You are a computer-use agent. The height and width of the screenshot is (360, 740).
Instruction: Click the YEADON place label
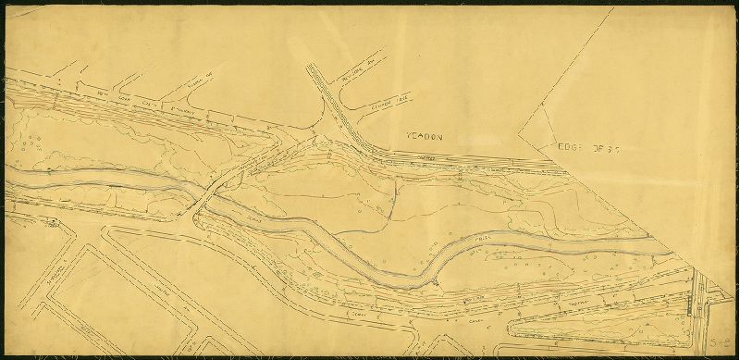425,136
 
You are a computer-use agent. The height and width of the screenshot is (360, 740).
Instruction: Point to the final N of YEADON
441,136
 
